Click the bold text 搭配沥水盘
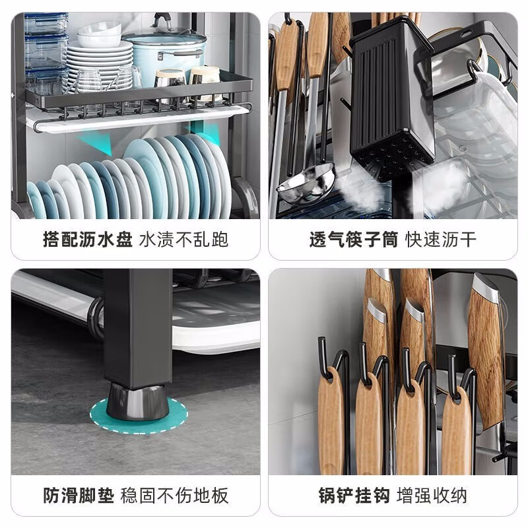coord(88,238)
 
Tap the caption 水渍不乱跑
coord(184,238)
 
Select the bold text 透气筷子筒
coord(353,238)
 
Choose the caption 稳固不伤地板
coord(175,495)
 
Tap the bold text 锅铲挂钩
coord(353,495)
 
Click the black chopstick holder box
coord(393,99)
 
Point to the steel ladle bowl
coord(305,184)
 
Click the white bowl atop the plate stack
coord(99,33)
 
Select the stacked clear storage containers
coord(45,53)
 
